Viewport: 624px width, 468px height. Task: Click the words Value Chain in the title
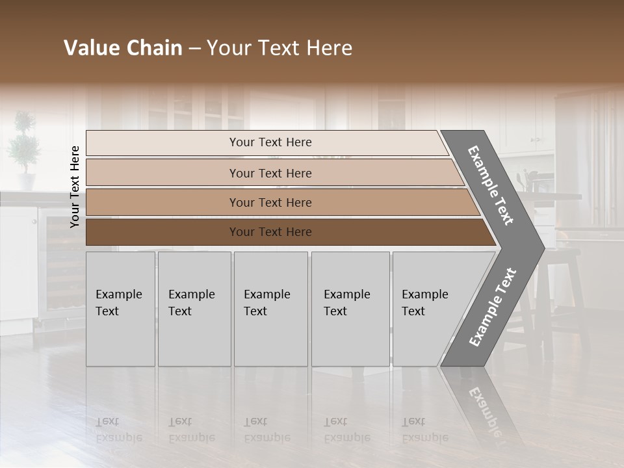pos(123,48)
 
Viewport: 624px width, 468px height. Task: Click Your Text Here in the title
pos(279,48)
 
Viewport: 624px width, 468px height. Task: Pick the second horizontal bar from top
pos(270,173)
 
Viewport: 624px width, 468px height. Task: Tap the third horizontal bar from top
pos(270,202)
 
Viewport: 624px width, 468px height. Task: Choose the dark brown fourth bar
pos(270,232)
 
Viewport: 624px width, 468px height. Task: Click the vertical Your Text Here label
pos(75,186)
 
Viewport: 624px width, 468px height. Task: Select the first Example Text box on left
pos(120,309)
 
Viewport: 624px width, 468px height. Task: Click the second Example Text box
pos(194,309)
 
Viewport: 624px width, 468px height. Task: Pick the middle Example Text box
pos(270,309)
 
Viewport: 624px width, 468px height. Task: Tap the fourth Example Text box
pos(350,309)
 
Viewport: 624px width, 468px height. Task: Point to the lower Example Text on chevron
pos(492,307)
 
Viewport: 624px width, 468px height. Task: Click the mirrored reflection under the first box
pos(120,429)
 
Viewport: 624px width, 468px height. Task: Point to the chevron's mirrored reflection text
pos(484,409)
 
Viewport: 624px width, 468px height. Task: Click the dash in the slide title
pos(194,48)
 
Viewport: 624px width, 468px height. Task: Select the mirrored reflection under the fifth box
pos(425,429)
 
